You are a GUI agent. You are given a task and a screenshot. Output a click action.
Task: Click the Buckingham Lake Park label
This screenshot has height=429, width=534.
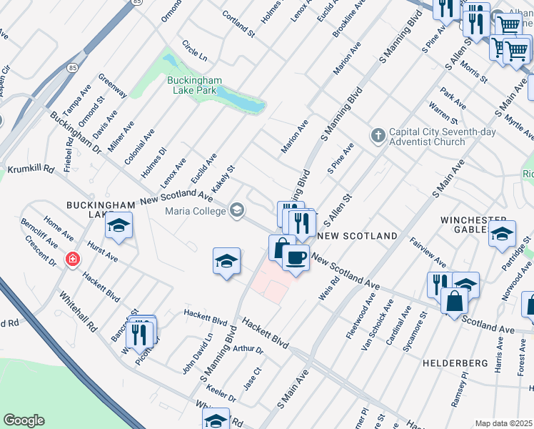coord(195,85)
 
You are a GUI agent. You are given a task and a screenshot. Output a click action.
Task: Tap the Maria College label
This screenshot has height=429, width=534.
coord(194,210)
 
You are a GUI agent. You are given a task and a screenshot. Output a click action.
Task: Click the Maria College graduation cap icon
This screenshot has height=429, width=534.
coord(237,210)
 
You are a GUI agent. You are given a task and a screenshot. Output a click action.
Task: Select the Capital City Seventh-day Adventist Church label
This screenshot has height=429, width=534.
coord(428,137)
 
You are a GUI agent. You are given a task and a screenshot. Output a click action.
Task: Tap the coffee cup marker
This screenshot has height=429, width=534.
coord(296,257)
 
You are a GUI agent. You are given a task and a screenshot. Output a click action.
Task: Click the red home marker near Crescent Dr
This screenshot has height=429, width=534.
coord(72,260)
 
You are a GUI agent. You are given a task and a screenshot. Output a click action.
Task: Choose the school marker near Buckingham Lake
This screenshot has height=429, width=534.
coord(119,227)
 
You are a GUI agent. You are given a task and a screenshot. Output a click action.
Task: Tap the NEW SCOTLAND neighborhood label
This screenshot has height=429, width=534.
coord(357,236)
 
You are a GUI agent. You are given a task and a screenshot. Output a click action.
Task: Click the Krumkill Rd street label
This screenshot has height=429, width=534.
coord(31,170)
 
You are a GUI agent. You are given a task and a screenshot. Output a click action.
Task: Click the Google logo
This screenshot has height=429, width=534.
coord(24,420)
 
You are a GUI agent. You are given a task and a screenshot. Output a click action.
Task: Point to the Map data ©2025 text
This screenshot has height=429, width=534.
coord(503,423)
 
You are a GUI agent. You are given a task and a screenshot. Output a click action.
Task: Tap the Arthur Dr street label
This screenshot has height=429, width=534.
coord(248,350)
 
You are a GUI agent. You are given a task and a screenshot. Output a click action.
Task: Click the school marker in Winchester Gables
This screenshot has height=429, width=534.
coord(502,234)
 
